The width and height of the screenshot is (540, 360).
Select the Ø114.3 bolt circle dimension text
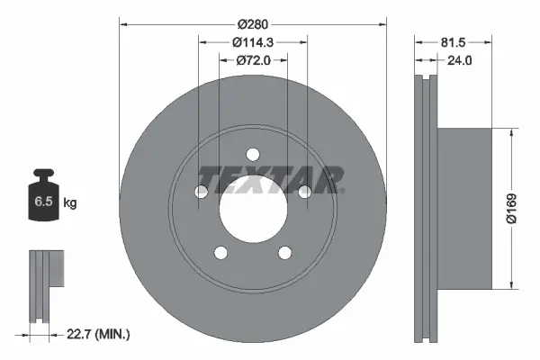click(253, 41)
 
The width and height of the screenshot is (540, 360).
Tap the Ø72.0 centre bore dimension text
click(253, 59)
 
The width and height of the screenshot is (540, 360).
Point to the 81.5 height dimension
click(454, 41)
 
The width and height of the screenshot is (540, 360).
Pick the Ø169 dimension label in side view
click(510, 208)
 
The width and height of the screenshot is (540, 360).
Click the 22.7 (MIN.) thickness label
click(98, 335)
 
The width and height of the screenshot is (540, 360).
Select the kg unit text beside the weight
click(70, 203)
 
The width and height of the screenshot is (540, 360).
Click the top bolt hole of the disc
click(253, 153)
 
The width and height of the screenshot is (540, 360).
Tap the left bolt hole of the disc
click(202, 191)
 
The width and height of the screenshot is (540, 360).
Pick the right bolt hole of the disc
click(304, 191)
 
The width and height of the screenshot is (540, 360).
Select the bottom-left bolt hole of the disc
click(221, 251)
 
